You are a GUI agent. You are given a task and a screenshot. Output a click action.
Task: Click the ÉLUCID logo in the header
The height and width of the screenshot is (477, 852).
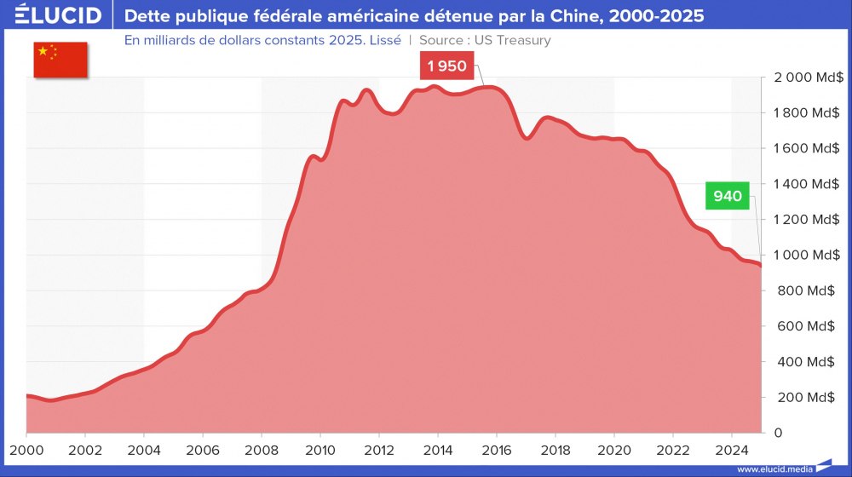[x=59, y=16]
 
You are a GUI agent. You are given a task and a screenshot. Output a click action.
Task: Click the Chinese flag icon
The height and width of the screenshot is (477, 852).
[x=60, y=59]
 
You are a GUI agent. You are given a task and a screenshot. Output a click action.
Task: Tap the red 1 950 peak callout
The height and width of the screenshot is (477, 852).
[x=447, y=66]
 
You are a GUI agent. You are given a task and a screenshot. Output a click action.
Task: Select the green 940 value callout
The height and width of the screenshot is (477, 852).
[x=728, y=197]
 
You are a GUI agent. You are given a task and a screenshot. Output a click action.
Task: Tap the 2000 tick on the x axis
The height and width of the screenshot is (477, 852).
[x=26, y=450]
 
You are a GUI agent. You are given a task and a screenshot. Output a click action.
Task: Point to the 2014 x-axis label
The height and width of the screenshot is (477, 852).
[x=438, y=450]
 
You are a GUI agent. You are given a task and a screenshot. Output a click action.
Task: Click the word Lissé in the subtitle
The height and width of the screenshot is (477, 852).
[x=383, y=40]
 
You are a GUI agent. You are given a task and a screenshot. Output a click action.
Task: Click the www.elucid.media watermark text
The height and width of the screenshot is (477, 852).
[x=774, y=468]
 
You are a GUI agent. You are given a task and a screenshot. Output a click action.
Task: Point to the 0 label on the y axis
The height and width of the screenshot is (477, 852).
[x=778, y=433]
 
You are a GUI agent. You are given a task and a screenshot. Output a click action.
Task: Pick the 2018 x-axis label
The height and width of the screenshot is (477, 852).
[x=556, y=450]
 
